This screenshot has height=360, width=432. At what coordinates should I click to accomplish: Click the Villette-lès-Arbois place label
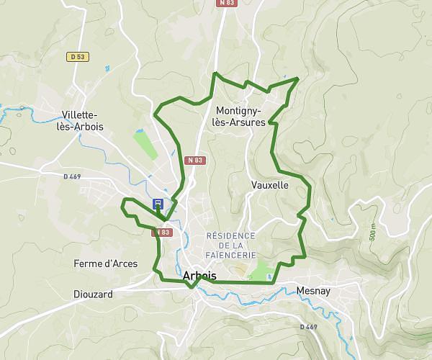[x=83, y=120]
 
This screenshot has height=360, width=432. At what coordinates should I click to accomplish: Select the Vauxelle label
[x=270, y=185]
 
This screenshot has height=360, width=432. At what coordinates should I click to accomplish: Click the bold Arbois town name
[x=199, y=275]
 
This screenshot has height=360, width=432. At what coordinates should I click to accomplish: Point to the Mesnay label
[x=312, y=292]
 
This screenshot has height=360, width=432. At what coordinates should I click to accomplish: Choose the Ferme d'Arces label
[x=105, y=264]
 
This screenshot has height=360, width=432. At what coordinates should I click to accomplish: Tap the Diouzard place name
[x=94, y=294]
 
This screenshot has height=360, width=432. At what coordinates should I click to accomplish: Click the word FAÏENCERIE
[x=230, y=255]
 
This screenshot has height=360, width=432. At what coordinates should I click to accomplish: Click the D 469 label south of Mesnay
[x=308, y=326]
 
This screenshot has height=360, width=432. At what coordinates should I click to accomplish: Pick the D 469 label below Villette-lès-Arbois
[x=73, y=176]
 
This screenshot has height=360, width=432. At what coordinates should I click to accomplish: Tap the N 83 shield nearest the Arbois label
[x=161, y=233]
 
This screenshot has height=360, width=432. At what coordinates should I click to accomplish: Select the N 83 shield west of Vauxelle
[x=192, y=160]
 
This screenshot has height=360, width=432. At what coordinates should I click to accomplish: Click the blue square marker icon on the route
[x=158, y=204]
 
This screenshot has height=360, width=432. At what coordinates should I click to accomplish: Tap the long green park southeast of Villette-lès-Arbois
[x=146, y=145]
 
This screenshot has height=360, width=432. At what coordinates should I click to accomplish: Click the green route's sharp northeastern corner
[x=298, y=77]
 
